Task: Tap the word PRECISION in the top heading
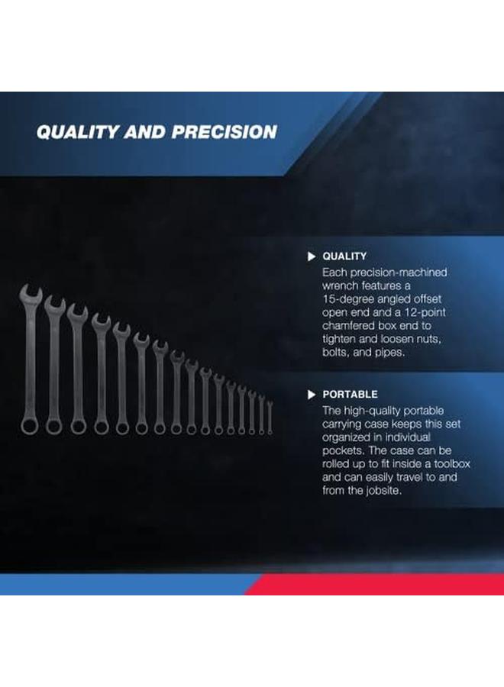[224, 132]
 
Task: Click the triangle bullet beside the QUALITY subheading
[311, 256]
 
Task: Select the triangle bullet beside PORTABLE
[311, 395]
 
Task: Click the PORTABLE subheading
[350, 395]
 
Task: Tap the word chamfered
[352, 327]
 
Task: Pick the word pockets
[342, 450]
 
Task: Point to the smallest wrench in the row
[270, 416]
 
